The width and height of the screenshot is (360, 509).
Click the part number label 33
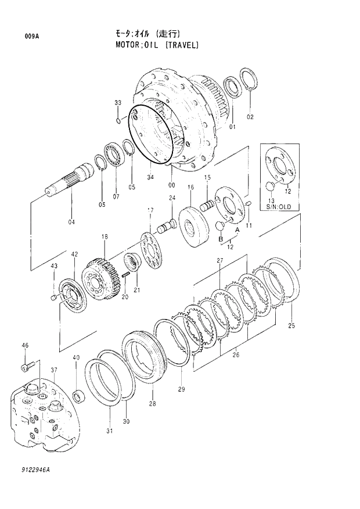(118, 103)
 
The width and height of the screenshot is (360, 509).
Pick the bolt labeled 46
(25, 367)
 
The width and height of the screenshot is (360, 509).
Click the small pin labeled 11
(248, 203)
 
